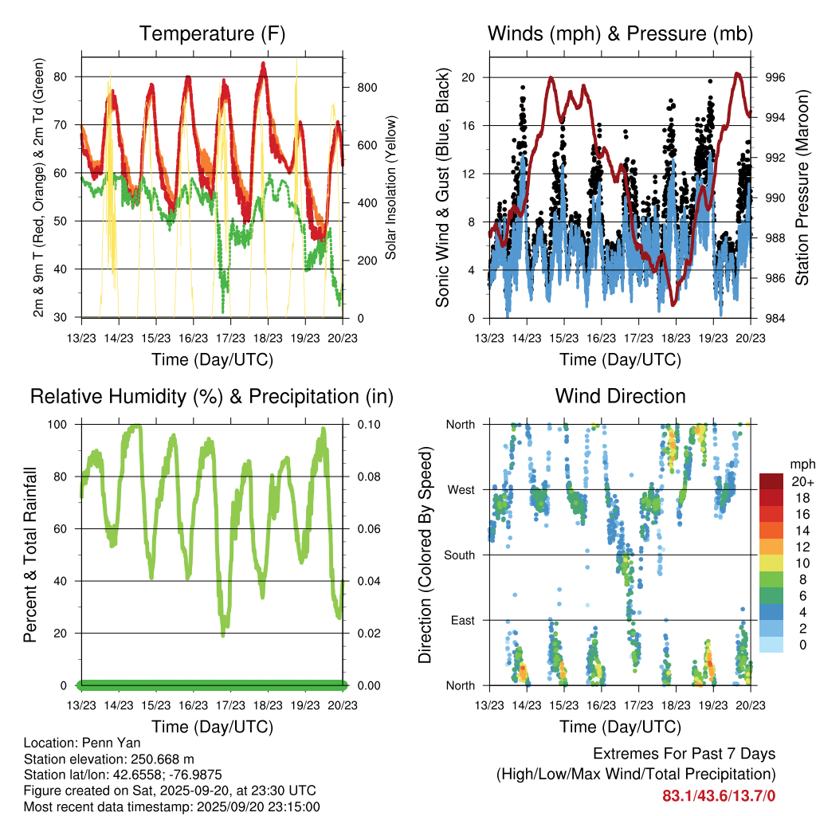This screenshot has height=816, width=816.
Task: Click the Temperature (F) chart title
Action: pos(212,33)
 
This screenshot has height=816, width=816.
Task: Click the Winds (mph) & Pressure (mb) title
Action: pos(620,33)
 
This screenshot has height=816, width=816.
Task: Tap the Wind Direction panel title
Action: pos(620,396)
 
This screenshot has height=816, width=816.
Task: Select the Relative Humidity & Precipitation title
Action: pos(212,396)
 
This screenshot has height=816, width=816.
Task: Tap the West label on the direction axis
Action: pos(462,489)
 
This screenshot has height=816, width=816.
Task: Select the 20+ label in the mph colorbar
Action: pos(801,481)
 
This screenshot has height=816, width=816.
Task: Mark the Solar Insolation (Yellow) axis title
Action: pos(391,188)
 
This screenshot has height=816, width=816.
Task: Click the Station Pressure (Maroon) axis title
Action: pos(802,188)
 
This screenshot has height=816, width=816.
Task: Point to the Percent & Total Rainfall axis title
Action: pos(30,555)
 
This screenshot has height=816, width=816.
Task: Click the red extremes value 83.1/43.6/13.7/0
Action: pos(719,795)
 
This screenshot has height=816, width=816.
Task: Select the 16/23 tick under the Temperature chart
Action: pos(193,338)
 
